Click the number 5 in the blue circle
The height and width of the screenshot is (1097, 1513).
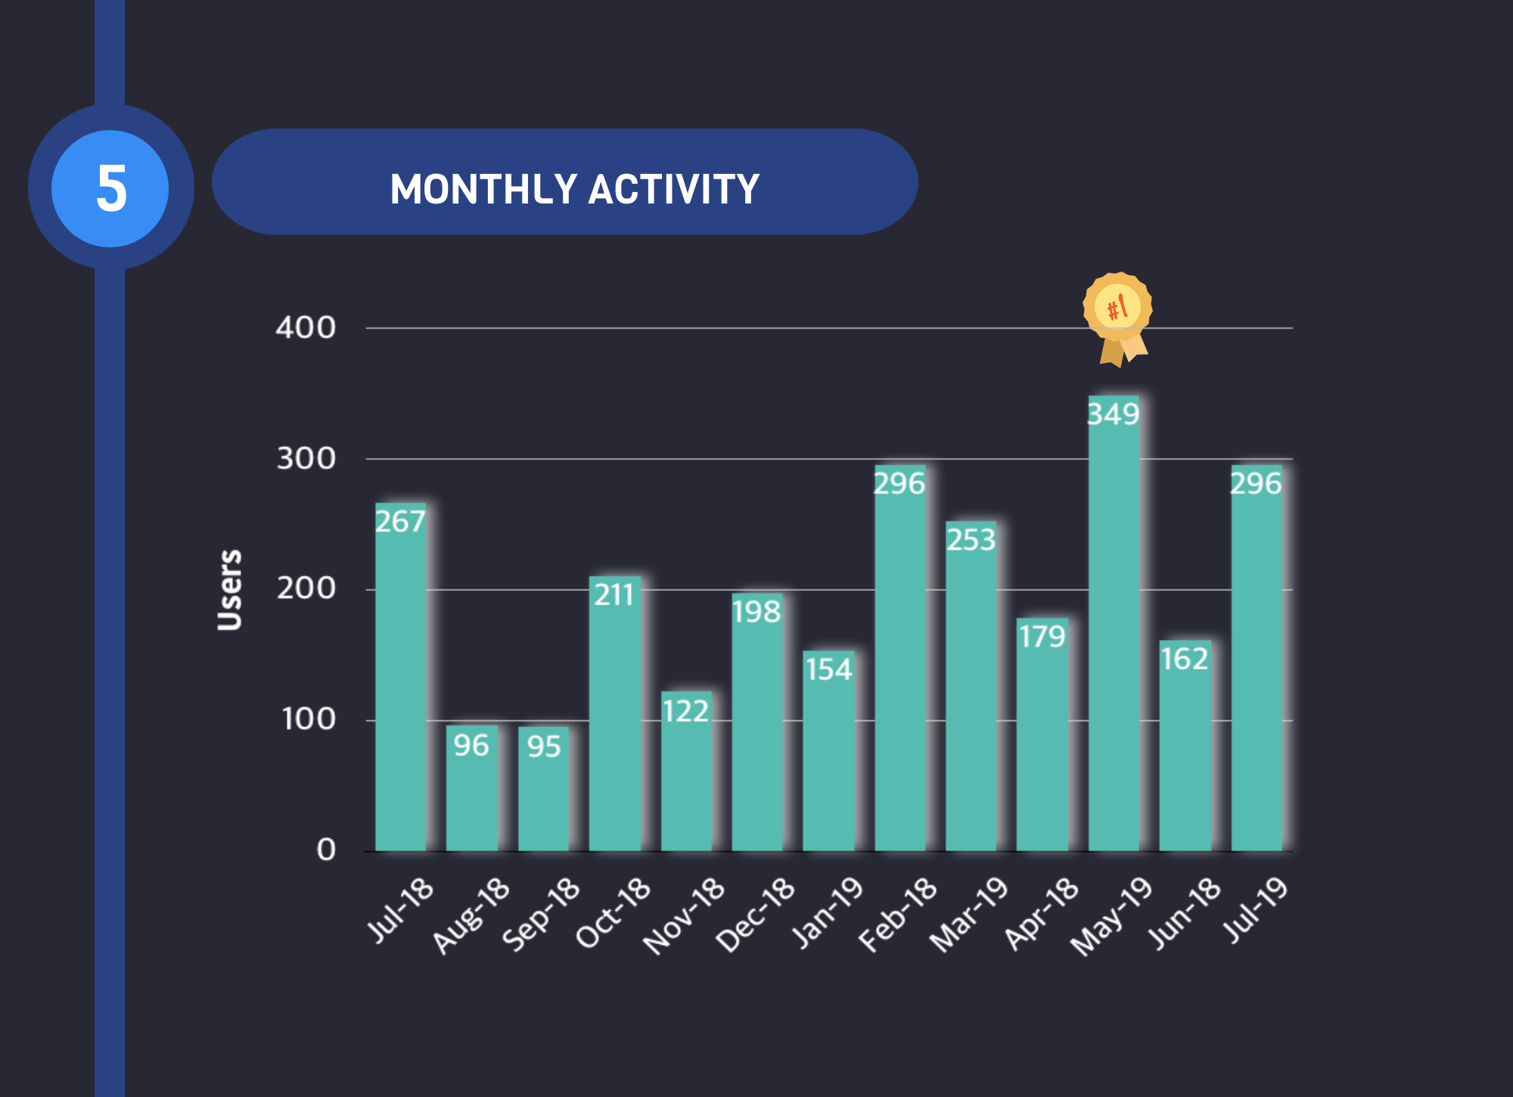coord(110,188)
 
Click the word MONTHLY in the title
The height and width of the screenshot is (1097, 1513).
coord(483,189)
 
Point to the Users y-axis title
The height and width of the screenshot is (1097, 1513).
coord(229,590)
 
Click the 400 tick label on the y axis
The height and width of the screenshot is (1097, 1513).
coord(306,328)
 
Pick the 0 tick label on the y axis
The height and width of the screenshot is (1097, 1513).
coord(325,850)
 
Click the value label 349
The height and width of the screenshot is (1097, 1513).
coord(1114,415)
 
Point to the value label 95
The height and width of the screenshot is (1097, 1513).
coord(544,747)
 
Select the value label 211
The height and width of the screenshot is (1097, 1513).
coord(614,595)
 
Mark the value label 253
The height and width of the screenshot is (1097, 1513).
coord(971,540)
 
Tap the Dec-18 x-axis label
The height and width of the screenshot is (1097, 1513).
coord(755,915)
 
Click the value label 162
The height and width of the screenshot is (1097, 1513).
coord(1185,660)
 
